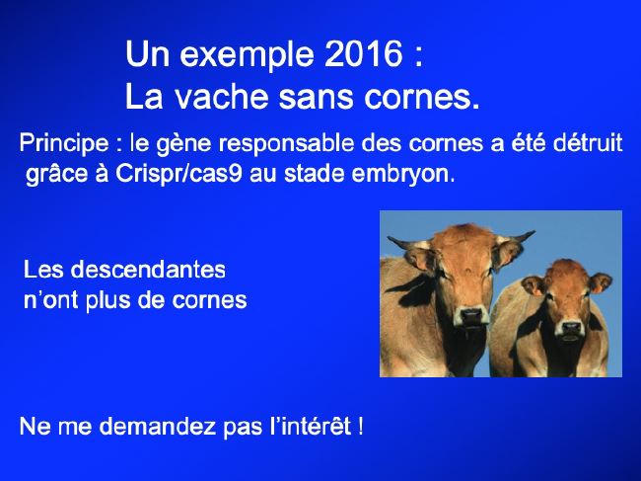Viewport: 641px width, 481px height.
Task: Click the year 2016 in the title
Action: (364, 54)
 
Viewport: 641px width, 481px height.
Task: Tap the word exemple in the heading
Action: (247, 56)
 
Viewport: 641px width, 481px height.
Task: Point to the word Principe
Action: (64, 144)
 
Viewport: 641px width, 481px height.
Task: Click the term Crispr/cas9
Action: (179, 174)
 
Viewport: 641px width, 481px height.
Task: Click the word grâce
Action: (56, 175)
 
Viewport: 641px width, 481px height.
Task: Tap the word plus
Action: (107, 301)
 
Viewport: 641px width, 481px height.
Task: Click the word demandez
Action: (158, 426)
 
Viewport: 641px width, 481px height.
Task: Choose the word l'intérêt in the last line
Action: (311, 426)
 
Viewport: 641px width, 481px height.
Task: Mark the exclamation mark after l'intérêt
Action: (360, 427)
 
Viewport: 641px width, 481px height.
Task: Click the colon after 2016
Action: (418, 57)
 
